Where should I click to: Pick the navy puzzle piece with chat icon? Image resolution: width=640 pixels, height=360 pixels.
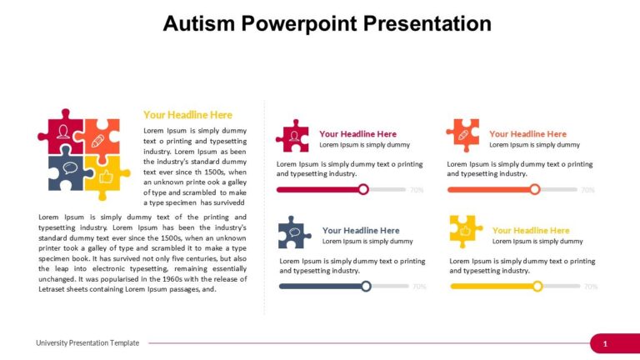pyautogui.click(x=67, y=172)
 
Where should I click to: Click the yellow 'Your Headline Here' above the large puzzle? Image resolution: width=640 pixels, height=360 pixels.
pyautogui.click(x=187, y=115)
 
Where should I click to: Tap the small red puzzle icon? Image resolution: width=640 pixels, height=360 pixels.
pyautogui.click(x=292, y=136)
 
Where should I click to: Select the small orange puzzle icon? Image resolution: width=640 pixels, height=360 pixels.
pyautogui.click(x=462, y=135)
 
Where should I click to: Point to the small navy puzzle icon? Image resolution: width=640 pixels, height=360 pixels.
pyautogui.click(x=295, y=232)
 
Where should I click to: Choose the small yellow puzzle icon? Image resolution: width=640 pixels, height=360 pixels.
pyautogui.click(x=465, y=231)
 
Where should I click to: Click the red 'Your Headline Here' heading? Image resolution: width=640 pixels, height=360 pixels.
pyautogui.click(x=357, y=133)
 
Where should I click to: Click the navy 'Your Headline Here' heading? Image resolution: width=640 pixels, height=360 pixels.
pyautogui.click(x=361, y=230)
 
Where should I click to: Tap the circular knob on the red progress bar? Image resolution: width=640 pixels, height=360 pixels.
pyautogui.click(x=363, y=189)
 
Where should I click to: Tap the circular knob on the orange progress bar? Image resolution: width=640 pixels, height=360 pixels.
pyautogui.click(x=535, y=189)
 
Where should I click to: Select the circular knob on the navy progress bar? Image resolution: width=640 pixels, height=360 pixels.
pyautogui.click(x=367, y=286)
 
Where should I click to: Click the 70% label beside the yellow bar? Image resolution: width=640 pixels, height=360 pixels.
pyautogui.click(x=591, y=287)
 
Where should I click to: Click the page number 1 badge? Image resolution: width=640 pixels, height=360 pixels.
pyautogui.click(x=605, y=343)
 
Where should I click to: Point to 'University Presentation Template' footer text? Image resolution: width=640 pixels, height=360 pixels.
pyautogui.click(x=87, y=343)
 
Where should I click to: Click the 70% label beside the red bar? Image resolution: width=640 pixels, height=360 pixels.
pyautogui.click(x=417, y=190)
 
